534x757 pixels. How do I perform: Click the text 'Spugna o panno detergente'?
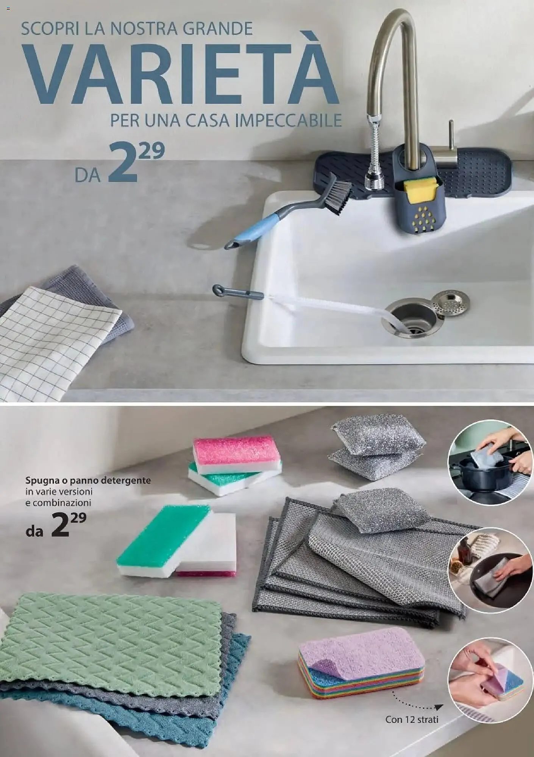coord(88,480)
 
